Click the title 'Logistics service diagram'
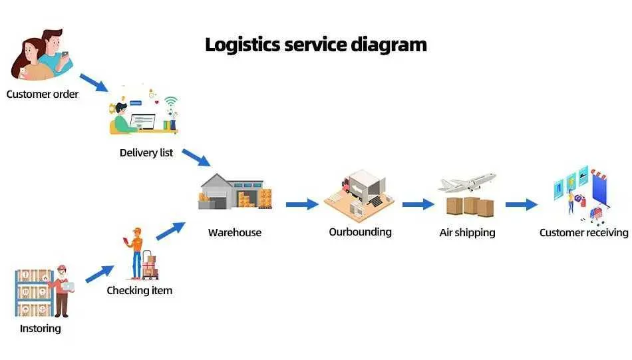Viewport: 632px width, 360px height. pos(315,45)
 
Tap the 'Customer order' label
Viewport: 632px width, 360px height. pos(43,94)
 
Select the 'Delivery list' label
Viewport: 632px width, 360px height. pos(146,153)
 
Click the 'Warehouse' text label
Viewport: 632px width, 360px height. pos(235,233)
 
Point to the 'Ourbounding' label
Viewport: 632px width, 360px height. pos(361,232)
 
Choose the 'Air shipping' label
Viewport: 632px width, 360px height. pos(467,233)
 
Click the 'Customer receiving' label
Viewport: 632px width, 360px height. pos(583,233)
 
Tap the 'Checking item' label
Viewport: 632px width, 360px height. pos(140,290)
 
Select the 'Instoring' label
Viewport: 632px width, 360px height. pos(41,329)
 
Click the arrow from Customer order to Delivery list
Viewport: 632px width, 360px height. pos(94,83)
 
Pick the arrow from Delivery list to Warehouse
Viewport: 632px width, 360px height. pos(196,158)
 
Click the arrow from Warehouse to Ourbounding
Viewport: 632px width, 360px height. pos(302,204)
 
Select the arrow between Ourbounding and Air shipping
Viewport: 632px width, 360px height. pos(418,204)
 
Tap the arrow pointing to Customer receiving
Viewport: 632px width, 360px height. pos(522,204)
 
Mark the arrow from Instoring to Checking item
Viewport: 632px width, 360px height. pos(100,273)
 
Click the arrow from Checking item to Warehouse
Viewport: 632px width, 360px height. pos(170,231)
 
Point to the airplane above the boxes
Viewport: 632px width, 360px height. pos(467,182)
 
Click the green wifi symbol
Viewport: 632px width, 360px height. pos(171,101)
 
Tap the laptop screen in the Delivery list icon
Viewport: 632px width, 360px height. pos(142,121)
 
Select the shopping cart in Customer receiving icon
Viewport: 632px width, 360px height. pos(597,214)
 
